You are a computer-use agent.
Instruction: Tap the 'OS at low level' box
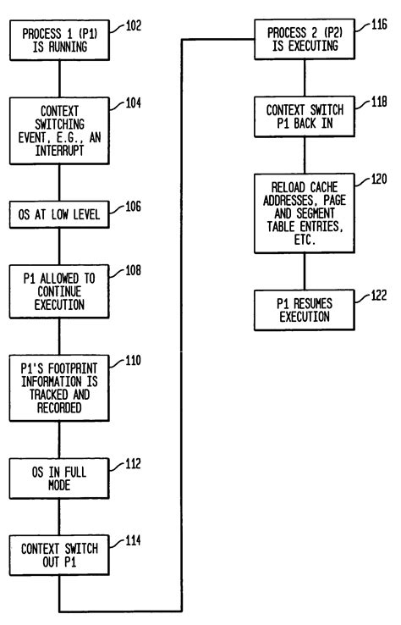point(59,215)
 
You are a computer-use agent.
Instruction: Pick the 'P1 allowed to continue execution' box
point(59,290)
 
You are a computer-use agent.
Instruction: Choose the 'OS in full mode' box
point(59,478)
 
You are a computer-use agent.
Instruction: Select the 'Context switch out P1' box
point(59,555)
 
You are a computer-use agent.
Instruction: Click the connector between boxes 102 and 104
point(59,80)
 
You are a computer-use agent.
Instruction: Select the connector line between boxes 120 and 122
point(305,272)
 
